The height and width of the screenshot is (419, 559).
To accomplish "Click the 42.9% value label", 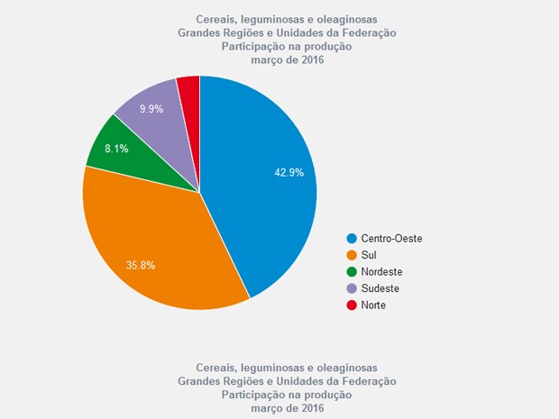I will [x=289, y=172].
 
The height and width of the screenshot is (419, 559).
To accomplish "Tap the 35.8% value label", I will [x=141, y=265].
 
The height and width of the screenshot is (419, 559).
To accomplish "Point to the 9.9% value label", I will [x=151, y=109].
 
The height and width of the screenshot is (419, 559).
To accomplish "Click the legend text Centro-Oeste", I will [x=391, y=239].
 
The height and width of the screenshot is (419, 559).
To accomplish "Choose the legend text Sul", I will [x=369, y=256].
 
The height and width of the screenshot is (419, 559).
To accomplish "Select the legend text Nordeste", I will [x=381, y=272].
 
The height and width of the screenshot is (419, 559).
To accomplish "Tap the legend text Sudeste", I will [x=380, y=289].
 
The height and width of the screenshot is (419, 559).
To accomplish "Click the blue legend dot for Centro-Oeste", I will [x=352, y=239].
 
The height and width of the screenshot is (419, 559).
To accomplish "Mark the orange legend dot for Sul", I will [x=352, y=256].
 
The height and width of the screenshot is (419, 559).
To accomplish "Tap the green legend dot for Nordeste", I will [x=352, y=272].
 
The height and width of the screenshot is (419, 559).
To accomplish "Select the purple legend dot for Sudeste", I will [x=352, y=289].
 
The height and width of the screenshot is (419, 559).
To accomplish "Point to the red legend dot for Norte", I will [x=352, y=305].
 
